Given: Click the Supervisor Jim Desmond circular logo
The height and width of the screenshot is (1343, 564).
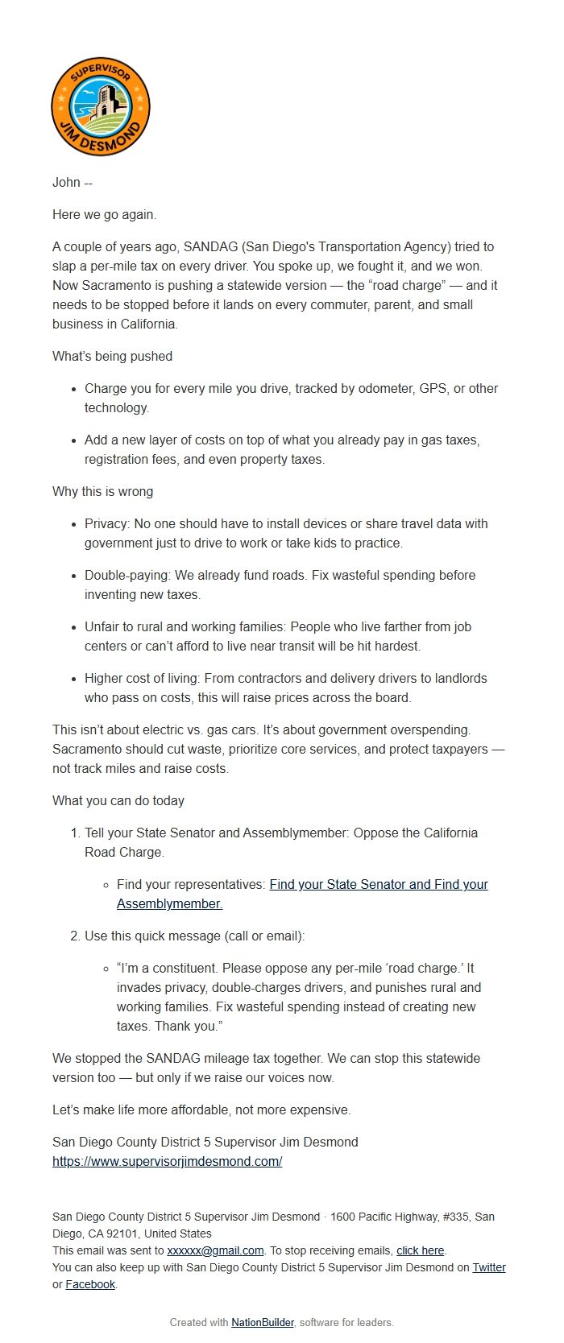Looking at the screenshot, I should point(101,106).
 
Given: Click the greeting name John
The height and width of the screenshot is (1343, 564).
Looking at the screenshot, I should point(66,182).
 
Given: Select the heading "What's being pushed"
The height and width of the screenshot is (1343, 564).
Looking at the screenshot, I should point(112,356).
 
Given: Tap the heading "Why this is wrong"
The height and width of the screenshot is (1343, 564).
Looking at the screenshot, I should point(102,491).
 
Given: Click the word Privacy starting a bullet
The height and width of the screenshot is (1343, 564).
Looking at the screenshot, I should point(106,523).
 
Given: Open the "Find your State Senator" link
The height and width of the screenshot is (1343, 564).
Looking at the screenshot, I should point(338,884).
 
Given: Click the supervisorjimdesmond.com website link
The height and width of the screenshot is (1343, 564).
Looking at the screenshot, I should point(167,1161).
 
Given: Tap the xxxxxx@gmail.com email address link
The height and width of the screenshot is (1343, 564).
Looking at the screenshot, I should point(215,1250).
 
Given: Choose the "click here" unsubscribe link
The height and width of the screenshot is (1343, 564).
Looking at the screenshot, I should point(420,1250).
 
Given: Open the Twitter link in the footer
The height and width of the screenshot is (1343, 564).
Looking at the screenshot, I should point(488,1267).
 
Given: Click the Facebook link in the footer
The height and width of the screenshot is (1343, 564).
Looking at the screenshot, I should point(90,1284).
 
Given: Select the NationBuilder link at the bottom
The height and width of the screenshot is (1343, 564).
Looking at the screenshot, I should point(262,1322).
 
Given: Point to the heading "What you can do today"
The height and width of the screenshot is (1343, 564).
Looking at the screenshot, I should point(118,800).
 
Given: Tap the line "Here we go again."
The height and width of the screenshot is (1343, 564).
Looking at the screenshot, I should point(104,214).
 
